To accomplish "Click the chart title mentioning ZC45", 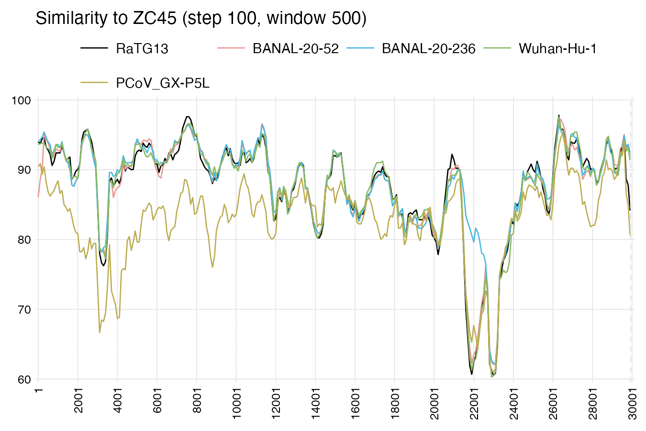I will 201,18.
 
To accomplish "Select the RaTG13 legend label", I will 142,49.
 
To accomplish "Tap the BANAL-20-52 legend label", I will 296,49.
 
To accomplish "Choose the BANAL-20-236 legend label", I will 429,49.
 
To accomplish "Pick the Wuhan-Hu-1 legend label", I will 557,49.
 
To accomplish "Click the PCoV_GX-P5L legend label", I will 163,83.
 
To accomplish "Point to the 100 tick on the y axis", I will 24,100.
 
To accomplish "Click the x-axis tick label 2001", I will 78,400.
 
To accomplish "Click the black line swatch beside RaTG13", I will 94,48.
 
